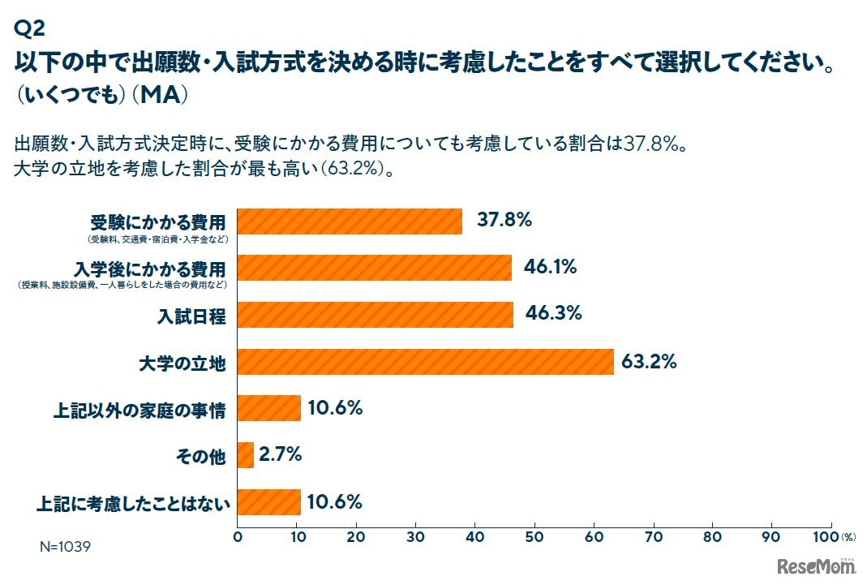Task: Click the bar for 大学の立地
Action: pos(426,362)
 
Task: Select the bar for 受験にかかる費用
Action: pos(350,222)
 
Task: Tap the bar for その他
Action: pos(246,455)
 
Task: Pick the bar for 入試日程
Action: pos(376,315)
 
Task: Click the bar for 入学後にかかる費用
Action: pos(375,268)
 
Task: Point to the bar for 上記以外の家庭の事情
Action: pos(269,408)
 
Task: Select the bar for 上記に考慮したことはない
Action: pos(269,502)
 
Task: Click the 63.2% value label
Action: pos(649,362)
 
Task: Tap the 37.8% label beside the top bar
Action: pos(504,220)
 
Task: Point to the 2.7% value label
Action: pos(280,455)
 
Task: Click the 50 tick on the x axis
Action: pos(534,537)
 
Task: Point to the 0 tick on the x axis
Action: pos(238,537)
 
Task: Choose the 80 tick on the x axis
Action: pos(713,537)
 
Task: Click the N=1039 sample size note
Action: pos(65,547)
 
